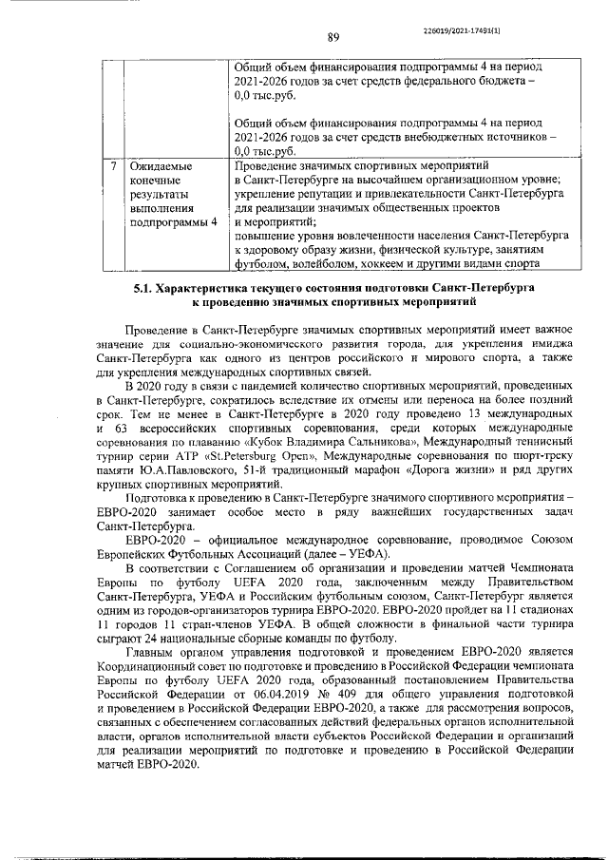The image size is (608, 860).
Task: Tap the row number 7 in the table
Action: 112,165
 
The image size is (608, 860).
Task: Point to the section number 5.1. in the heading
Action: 142,286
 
